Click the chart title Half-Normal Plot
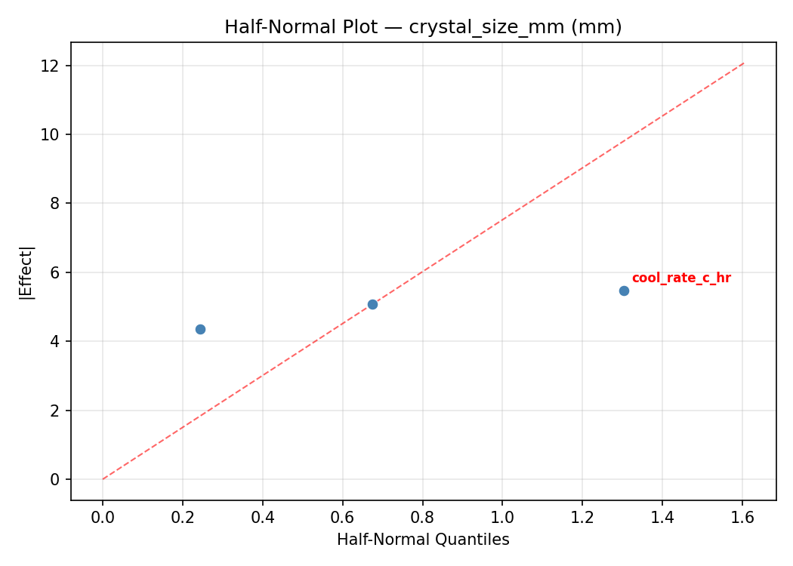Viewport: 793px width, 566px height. tap(423, 27)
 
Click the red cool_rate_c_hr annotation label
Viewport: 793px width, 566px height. tap(681, 278)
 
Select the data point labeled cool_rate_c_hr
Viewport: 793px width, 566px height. tap(624, 291)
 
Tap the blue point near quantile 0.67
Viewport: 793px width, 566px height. tap(372, 304)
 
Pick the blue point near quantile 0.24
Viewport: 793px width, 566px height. tap(200, 329)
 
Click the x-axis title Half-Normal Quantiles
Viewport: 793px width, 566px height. tap(423, 540)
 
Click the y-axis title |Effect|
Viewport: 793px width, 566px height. tap(26, 272)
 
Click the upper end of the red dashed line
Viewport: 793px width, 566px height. tap(743, 63)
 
